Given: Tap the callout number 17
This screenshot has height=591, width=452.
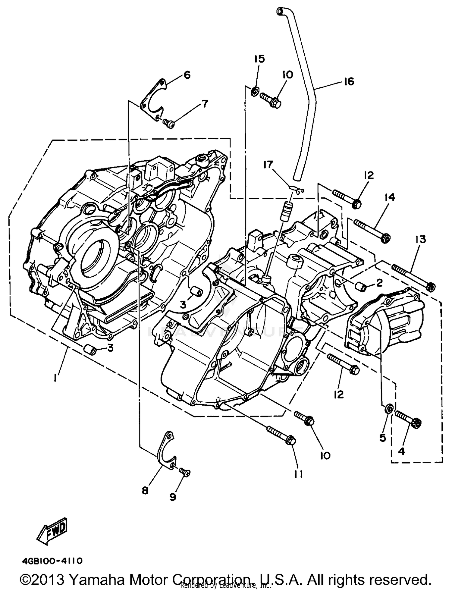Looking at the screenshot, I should pyautogui.click(x=268, y=165).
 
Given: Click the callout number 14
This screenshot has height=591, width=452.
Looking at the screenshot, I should pyautogui.click(x=389, y=197).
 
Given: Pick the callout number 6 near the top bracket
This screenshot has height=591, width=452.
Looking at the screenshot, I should pyautogui.click(x=187, y=75).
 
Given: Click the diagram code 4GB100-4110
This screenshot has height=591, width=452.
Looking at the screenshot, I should pyautogui.click(x=52, y=561).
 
